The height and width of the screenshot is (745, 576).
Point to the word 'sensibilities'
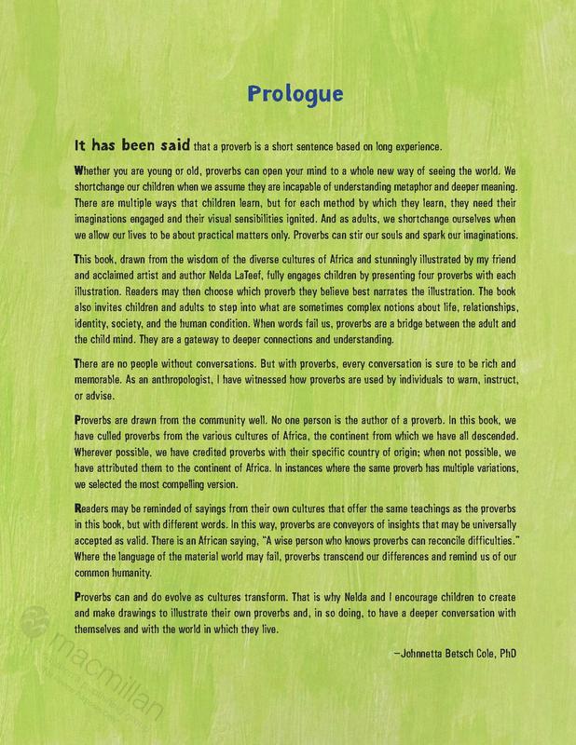(x=264, y=218)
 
